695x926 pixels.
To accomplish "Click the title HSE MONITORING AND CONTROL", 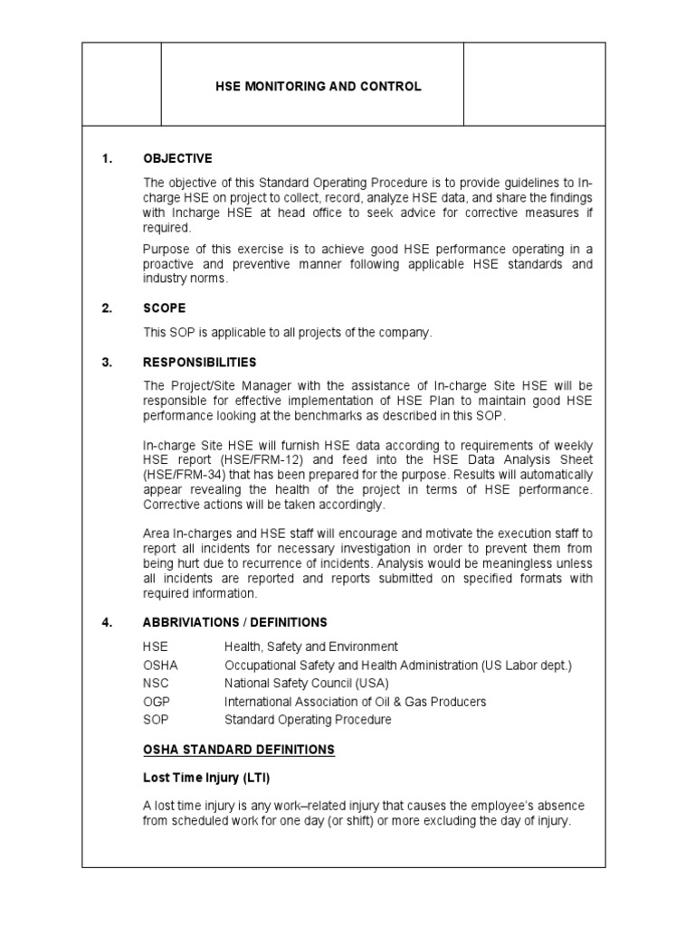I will [x=318, y=87].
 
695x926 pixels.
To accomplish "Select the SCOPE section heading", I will [x=164, y=308].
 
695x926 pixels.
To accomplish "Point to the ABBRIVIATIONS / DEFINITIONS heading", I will [x=235, y=623].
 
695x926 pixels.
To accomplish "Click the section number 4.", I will [x=107, y=623].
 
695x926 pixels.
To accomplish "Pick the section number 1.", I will [x=107, y=159].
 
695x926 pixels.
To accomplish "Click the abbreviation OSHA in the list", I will [x=160, y=666].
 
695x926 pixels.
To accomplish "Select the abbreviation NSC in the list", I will [x=156, y=684].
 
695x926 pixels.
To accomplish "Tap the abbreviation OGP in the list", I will [x=157, y=702].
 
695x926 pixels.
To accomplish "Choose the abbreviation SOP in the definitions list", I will [x=156, y=720].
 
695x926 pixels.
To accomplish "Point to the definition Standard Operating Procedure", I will [x=308, y=720].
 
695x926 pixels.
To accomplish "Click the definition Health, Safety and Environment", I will [x=310, y=647].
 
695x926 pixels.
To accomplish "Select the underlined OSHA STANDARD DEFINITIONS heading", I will [x=239, y=750].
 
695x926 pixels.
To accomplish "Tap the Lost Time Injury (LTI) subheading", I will [x=206, y=778].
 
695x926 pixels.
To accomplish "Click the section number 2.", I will [x=107, y=308].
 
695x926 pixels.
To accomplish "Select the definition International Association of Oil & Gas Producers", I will [x=355, y=702].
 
